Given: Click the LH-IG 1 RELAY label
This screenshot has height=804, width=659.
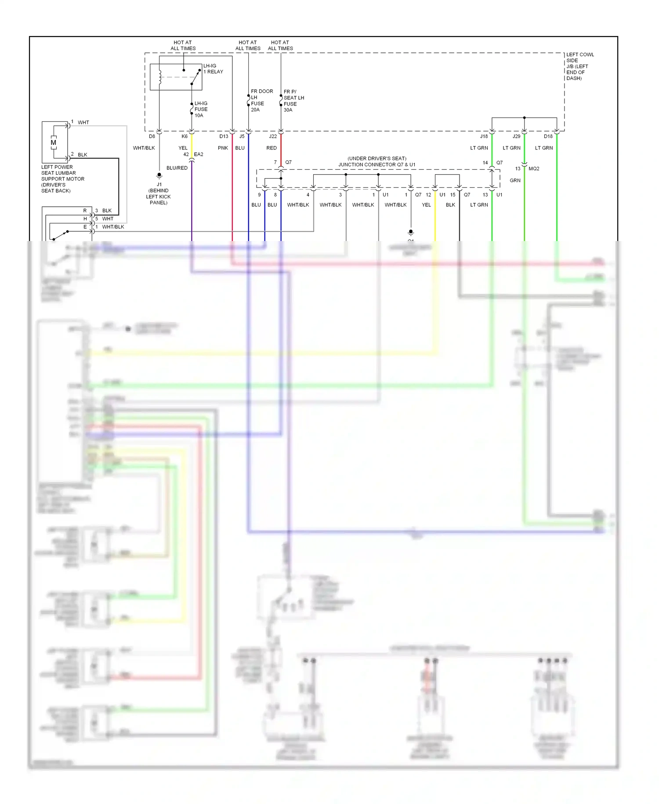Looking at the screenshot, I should pyautogui.click(x=213, y=69).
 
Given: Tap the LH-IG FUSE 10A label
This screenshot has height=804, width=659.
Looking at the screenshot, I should pyautogui.click(x=201, y=109).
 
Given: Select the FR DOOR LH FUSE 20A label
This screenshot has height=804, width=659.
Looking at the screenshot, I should pyautogui.click(x=261, y=100).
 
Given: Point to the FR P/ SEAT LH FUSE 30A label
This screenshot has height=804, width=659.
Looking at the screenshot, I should pyautogui.click(x=293, y=101).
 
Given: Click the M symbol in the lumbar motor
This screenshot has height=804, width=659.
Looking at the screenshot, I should pyautogui.click(x=54, y=143).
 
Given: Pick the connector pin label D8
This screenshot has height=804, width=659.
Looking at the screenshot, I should pyautogui.click(x=152, y=136).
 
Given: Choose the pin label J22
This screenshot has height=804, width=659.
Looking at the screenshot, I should pyautogui.click(x=273, y=136).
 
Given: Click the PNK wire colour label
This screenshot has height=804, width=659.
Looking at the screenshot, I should pyautogui.click(x=223, y=148).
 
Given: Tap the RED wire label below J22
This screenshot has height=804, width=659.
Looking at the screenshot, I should pyautogui.click(x=272, y=148).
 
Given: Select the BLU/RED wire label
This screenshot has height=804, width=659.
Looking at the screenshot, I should pyautogui.click(x=177, y=168).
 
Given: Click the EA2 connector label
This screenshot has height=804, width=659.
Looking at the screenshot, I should pyautogui.click(x=199, y=154).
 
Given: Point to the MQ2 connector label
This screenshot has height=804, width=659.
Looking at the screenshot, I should pyautogui.click(x=534, y=168).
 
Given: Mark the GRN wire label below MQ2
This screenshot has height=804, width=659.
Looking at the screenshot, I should pyautogui.click(x=515, y=180).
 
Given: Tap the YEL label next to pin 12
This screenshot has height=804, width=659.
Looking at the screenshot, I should pyautogui.click(x=426, y=205).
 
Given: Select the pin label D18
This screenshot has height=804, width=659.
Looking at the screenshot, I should pyautogui.click(x=548, y=136).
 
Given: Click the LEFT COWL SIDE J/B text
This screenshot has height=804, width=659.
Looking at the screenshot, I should pyautogui.click(x=579, y=66).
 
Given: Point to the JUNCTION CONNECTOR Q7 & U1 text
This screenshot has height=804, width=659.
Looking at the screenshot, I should pyautogui.click(x=377, y=164).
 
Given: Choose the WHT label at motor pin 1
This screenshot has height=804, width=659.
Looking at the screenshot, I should pyautogui.click(x=83, y=122).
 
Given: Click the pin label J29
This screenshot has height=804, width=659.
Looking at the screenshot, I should pyautogui.click(x=516, y=136).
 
